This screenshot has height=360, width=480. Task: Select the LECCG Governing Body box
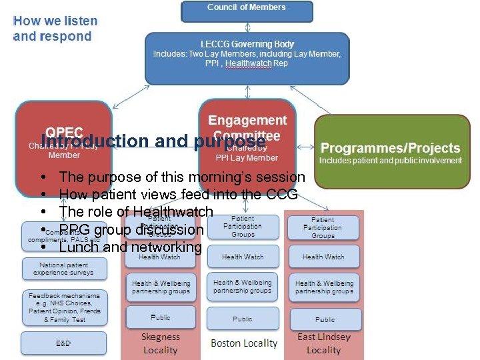(247, 58)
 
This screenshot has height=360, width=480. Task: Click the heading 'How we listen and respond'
(55, 28)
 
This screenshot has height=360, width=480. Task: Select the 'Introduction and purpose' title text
(153, 141)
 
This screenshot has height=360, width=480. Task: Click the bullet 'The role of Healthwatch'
(136, 212)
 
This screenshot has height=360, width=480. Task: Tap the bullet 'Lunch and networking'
(130, 247)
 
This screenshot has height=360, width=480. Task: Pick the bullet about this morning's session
(182, 177)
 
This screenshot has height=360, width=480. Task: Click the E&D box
(63, 343)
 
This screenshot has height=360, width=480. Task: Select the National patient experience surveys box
(63, 269)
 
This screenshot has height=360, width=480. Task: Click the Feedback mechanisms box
(63, 307)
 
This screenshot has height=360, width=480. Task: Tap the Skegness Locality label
(160, 343)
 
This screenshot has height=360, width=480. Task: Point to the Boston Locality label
(243, 343)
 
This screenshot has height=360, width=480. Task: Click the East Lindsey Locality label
(324, 343)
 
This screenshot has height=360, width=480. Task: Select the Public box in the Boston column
(243, 319)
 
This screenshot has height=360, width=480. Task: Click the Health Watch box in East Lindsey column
(323, 257)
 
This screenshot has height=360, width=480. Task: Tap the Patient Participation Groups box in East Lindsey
(323, 227)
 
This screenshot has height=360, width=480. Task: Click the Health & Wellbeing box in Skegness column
(161, 287)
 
